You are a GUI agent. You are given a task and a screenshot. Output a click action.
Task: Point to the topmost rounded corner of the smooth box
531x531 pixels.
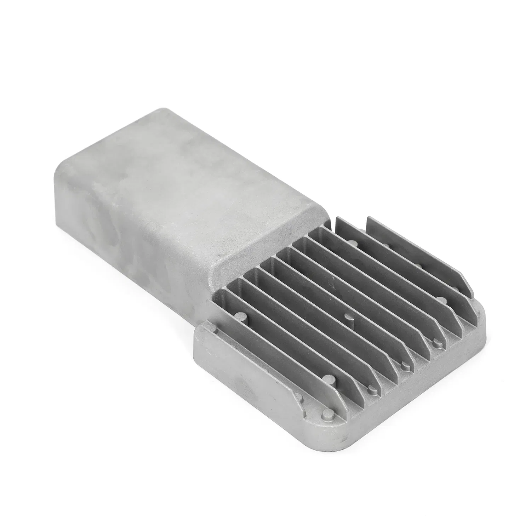coord(156,110)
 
